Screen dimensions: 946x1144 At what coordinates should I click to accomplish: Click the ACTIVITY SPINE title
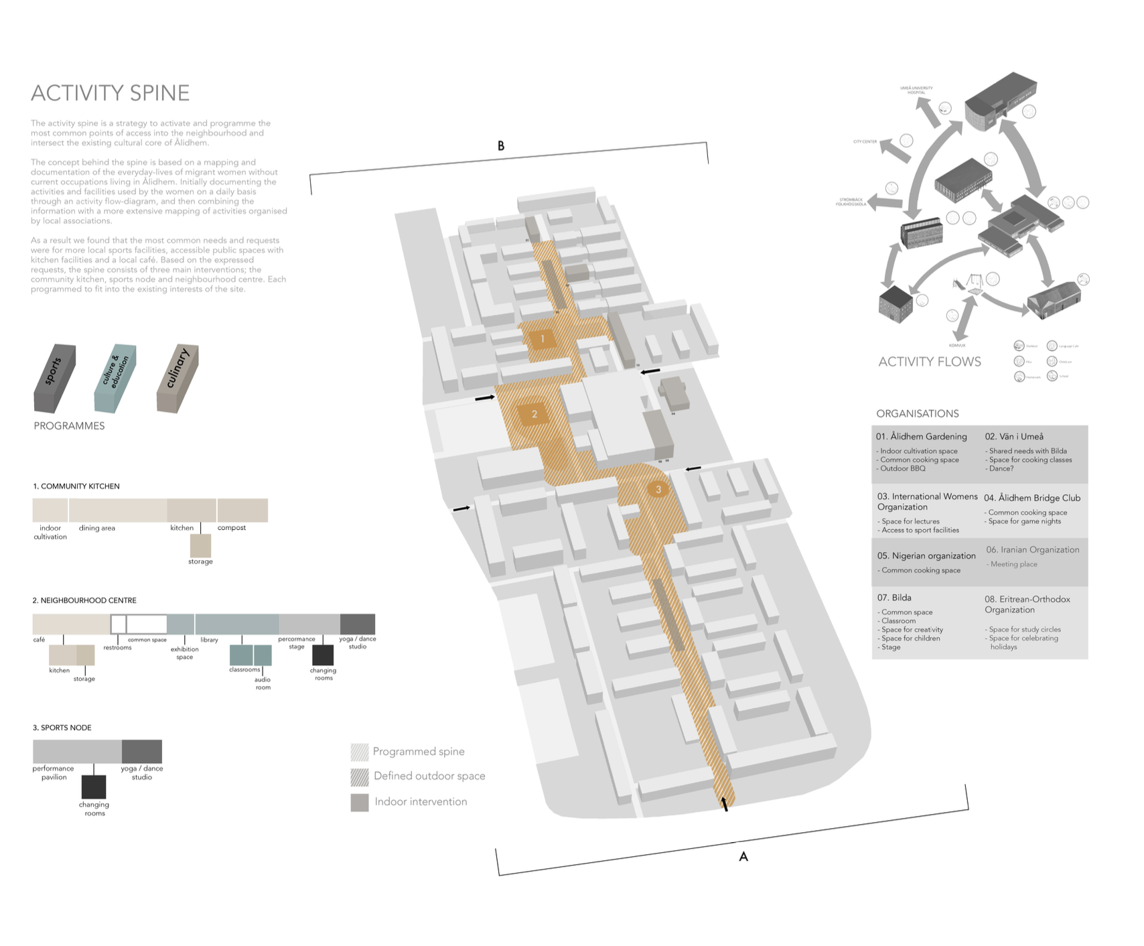[x=111, y=93]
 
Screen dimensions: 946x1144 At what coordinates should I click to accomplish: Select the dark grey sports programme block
[x=54, y=378]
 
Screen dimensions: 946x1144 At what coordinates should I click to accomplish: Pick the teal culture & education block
[x=115, y=378]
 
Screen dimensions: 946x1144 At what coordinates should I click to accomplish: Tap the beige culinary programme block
[x=177, y=378]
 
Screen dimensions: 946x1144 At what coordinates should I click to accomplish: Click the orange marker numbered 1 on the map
[x=543, y=339]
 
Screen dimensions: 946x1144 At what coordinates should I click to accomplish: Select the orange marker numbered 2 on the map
[x=534, y=414]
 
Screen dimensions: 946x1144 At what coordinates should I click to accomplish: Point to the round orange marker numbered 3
[x=658, y=490]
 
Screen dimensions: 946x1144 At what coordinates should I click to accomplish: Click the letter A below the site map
[x=743, y=857]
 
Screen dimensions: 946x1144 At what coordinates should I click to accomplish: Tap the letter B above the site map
[x=500, y=146]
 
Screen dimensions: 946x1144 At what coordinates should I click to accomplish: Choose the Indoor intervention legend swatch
[x=360, y=802]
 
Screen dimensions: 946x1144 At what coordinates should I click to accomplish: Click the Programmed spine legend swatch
[x=360, y=752]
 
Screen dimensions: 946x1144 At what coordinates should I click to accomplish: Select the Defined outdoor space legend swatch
[x=360, y=776]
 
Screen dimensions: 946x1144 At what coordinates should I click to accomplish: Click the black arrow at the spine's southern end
[x=723, y=804]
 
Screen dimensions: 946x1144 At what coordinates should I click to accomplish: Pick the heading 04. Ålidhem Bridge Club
[x=1032, y=498]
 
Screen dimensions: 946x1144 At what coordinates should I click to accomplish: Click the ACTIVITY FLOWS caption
[x=930, y=362]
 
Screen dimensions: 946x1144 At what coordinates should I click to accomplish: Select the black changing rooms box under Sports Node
[x=94, y=787]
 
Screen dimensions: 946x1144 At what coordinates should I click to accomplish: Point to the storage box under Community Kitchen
[x=200, y=545]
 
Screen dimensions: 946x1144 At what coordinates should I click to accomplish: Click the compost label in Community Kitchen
[x=232, y=528]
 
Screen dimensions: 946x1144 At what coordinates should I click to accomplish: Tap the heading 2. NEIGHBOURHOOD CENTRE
[x=84, y=600]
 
